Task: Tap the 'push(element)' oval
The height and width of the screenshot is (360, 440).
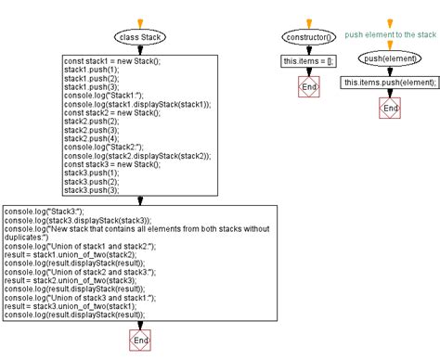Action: tap(391, 58)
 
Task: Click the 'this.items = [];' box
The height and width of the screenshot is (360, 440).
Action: tap(306, 61)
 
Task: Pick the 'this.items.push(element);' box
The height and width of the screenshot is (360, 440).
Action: tap(391, 82)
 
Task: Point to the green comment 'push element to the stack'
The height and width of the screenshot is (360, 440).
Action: tap(390, 34)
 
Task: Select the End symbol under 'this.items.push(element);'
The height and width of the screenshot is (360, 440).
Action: tap(391, 109)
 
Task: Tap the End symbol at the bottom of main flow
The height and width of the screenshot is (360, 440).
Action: tap(139, 341)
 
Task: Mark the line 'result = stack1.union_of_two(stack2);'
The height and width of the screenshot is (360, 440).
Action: tap(80, 253)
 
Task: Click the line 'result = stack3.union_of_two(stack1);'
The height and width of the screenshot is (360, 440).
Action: tap(80, 305)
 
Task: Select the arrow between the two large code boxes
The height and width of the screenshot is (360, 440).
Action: tap(139, 199)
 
